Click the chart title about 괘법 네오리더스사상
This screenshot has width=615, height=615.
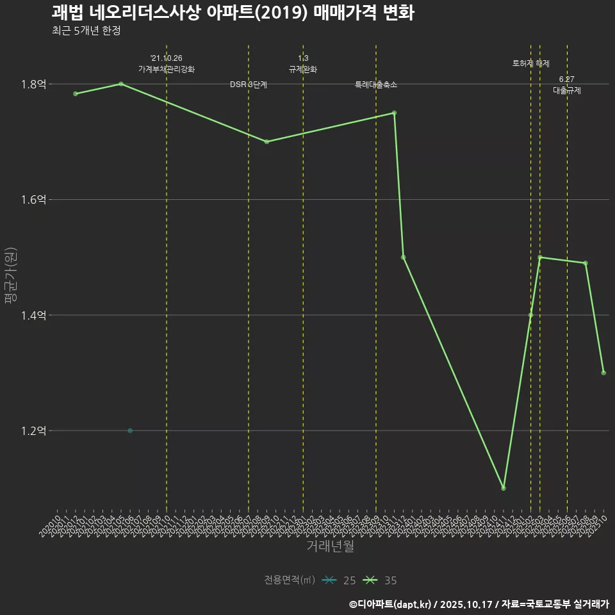tap(233, 13)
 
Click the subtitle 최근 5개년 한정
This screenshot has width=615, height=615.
tap(86, 31)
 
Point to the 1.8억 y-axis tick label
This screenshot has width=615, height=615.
tap(33, 84)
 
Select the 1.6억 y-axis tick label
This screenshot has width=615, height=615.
tap(33, 200)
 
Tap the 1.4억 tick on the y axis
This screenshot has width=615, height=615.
tap(33, 315)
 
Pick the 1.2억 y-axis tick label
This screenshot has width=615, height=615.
tap(33, 430)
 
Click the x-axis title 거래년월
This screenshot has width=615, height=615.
tap(330, 546)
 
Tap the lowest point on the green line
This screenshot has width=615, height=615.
tap(504, 488)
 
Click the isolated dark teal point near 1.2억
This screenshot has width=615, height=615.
tap(130, 430)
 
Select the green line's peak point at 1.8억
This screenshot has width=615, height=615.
tap(121, 84)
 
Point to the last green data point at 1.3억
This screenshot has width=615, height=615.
tap(603, 373)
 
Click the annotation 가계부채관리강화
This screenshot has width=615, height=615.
tap(167, 69)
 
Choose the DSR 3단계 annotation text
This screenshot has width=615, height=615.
tap(249, 85)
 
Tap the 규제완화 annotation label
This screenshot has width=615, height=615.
tap(303, 69)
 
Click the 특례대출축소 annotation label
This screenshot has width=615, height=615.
tap(376, 85)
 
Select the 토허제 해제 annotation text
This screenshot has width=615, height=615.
tap(531, 63)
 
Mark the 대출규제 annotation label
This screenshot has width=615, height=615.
tap(567, 90)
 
